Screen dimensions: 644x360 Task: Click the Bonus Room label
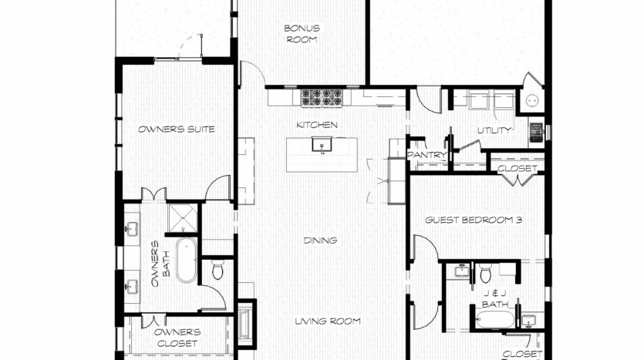(302, 34)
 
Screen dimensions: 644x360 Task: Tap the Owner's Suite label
(176, 130)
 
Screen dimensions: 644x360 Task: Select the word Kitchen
(317, 125)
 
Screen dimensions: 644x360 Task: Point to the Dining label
(320, 241)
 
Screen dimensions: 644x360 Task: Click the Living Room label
(328, 321)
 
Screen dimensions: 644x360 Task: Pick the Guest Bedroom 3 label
(474, 220)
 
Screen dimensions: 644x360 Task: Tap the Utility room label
(494, 130)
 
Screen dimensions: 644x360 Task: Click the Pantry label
(427, 155)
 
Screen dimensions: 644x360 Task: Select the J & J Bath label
(495, 299)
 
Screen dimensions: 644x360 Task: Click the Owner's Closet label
(177, 338)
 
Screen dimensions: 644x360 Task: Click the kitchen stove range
(322, 98)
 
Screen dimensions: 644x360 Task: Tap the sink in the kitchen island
(322, 144)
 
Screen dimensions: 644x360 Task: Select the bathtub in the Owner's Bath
(187, 261)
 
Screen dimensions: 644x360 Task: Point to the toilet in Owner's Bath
(217, 270)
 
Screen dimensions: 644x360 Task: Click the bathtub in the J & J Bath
(495, 319)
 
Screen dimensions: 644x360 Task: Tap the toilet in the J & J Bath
(485, 273)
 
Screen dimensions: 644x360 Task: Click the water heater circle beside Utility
(532, 100)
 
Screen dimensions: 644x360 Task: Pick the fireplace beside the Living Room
(244, 325)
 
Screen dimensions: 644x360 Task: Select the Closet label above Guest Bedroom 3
(518, 168)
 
